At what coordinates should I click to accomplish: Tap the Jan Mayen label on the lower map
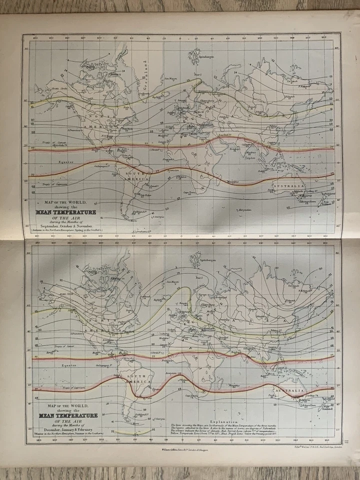tap(171, 282)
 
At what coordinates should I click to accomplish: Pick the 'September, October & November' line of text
tap(63, 226)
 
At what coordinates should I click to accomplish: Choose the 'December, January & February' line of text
tap(63, 430)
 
